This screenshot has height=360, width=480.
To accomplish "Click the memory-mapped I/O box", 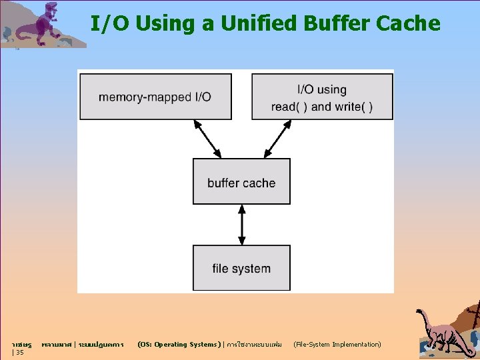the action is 155,97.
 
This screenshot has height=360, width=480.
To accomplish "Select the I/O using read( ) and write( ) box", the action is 322,97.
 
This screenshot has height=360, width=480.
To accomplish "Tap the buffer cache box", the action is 241,181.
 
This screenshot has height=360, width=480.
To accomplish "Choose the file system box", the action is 241,268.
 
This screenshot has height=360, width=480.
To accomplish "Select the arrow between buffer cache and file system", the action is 241,225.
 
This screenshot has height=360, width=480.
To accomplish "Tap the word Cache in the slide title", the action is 408,24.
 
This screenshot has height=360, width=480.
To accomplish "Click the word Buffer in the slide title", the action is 337,24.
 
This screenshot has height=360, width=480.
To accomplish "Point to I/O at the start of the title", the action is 105,24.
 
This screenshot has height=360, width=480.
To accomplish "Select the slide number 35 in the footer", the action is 19,353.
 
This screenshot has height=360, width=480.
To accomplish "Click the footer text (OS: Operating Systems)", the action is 178,345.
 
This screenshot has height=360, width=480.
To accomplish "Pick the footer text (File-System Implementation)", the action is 337,345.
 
